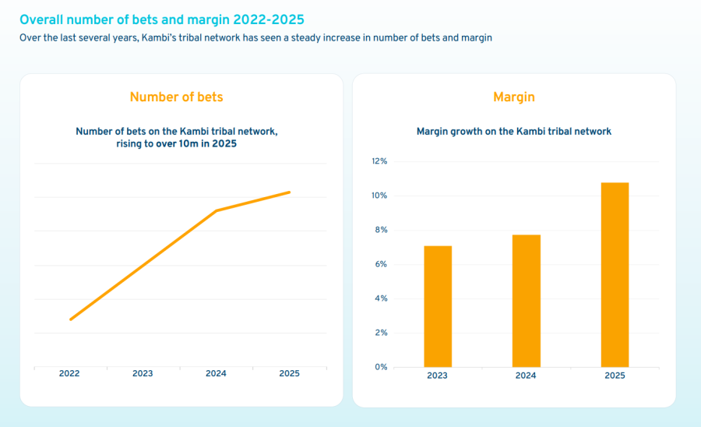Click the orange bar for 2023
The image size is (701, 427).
438,306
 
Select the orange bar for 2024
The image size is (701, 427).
527,301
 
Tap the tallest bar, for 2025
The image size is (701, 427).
615,274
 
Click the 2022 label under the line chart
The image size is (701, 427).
69,374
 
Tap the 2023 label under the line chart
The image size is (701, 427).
143,374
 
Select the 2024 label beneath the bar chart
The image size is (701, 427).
526,376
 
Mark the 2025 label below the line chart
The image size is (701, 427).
289,374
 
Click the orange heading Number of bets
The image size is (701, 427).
176,97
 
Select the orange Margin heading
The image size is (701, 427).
514,97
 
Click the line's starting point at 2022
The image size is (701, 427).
70,319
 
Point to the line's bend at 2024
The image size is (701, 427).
216,210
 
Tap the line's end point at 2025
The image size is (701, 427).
290,192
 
